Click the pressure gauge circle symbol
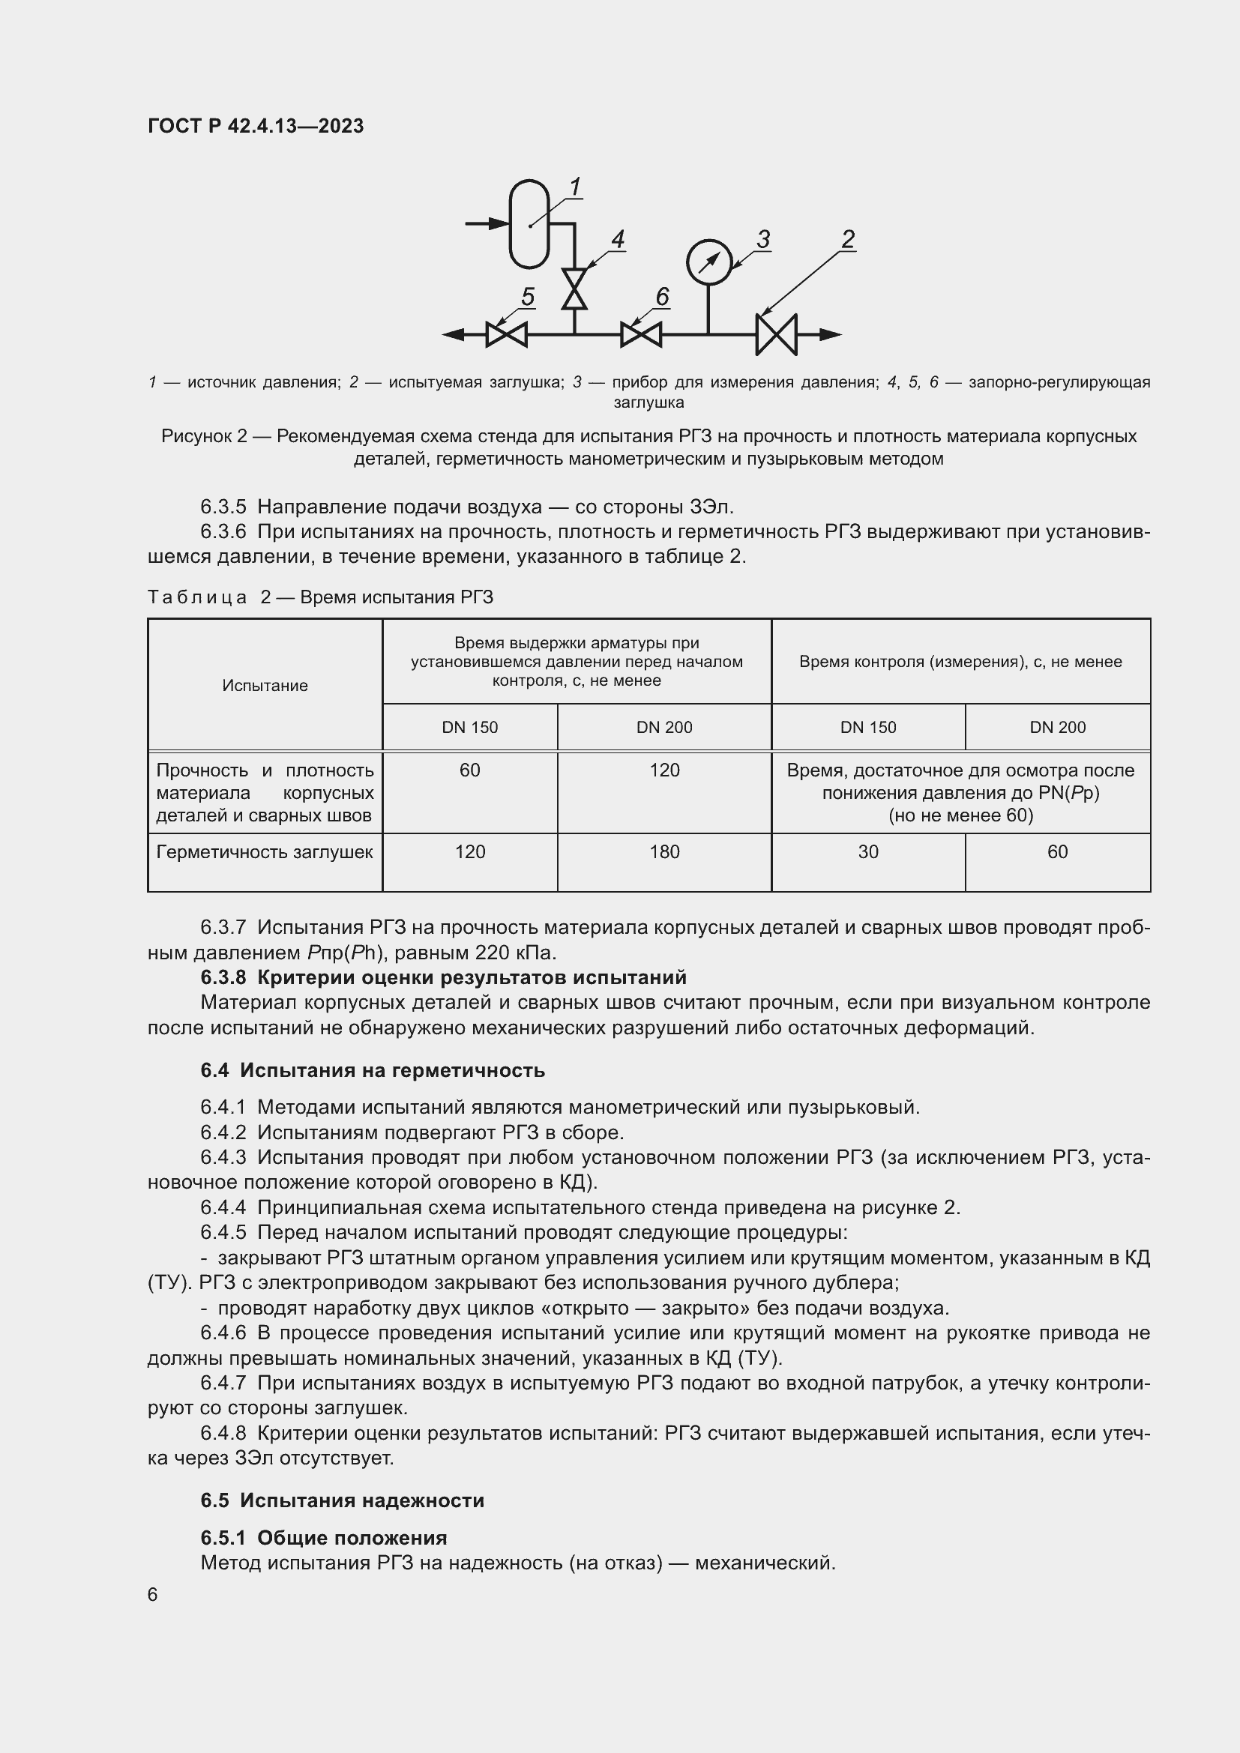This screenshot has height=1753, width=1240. tap(708, 262)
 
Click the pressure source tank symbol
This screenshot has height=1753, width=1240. tap(529, 223)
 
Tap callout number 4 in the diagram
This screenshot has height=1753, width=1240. tap(618, 239)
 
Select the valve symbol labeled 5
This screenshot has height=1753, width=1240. tap(506, 334)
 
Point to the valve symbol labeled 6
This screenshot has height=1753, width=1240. tap(640, 334)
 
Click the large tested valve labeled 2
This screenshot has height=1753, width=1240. tap(776, 334)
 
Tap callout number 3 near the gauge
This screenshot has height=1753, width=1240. tap(762, 239)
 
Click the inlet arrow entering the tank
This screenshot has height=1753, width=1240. tap(487, 223)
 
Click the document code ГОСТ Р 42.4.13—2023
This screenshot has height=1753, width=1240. tap(256, 126)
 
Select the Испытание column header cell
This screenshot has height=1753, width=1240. tap(265, 686)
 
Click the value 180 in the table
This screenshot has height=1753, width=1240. tap(664, 852)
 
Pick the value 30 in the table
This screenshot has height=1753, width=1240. tap(868, 852)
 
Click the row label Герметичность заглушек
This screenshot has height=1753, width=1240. tap(264, 852)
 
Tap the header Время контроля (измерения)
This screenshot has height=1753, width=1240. tap(960, 662)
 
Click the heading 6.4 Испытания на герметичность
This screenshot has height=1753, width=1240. tap(373, 1070)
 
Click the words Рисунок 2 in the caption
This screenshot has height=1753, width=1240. tap(204, 436)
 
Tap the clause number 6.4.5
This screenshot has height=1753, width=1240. tap(223, 1232)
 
